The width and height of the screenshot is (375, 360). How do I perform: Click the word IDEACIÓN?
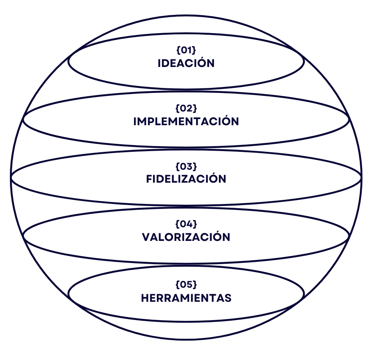[186, 63]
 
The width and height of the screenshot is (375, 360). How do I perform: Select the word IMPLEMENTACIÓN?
[186, 121]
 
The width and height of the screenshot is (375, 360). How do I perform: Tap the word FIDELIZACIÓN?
[186, 179]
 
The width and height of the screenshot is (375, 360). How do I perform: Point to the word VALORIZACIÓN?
[186, 237]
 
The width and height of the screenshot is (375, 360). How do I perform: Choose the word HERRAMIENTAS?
[186, 298]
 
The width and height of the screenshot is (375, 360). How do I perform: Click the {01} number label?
[186, 50]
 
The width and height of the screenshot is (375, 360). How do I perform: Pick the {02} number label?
[186, 108]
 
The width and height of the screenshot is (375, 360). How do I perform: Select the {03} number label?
[186, 166]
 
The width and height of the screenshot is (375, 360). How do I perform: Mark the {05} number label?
[186, 285]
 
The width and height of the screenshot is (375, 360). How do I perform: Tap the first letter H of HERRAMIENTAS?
[145, 298]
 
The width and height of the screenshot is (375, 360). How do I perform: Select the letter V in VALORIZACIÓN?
[146, 237]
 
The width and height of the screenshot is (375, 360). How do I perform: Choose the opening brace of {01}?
[178, 50]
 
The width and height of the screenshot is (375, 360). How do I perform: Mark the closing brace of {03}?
[195, 166]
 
